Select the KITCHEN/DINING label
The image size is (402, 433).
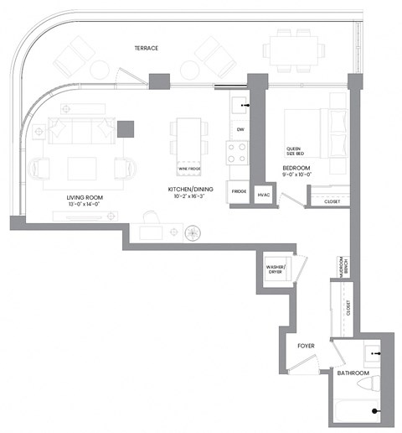point(190,190)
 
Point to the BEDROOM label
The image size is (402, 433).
point(296,169)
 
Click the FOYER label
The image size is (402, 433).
point(307,344)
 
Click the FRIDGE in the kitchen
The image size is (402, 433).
point(238,192)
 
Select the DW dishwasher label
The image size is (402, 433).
point(240,129)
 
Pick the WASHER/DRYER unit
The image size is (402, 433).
point(276,269)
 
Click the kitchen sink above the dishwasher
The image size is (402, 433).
point(238,106)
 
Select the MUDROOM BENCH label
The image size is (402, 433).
point(342,268)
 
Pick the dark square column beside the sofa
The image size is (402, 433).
point(126,128)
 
